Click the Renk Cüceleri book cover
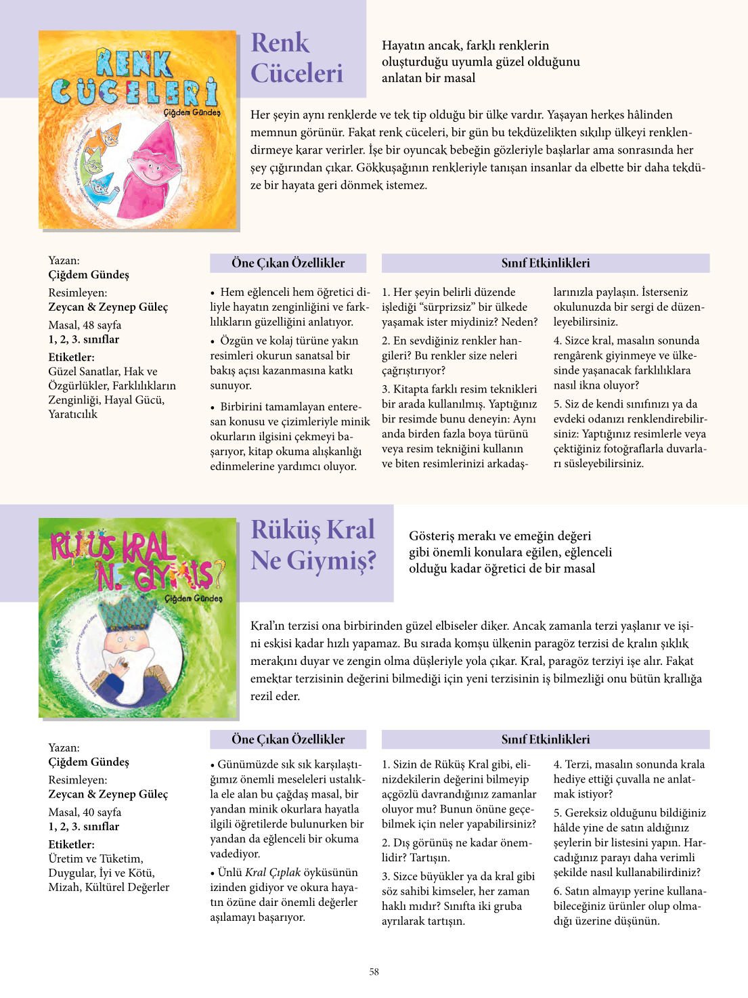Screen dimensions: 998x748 point(138,129)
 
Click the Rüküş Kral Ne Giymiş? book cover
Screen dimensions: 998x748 point(138,617)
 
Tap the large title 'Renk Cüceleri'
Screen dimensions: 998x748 point(297,58)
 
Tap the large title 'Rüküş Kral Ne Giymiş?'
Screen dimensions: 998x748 point(313,546)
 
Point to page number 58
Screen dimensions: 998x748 point(374,972)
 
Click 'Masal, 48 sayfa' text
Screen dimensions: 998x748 point(85,325)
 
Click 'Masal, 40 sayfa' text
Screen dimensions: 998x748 point(85,812)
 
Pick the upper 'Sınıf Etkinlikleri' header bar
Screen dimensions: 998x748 point(546,263)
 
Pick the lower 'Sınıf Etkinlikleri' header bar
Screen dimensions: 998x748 point(546,739)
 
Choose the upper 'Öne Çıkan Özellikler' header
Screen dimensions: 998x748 point(288,263)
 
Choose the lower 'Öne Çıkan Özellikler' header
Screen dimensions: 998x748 point(288,739)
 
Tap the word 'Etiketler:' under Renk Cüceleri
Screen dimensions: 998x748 point(71,357)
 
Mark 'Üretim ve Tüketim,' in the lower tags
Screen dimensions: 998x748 point(95,859)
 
